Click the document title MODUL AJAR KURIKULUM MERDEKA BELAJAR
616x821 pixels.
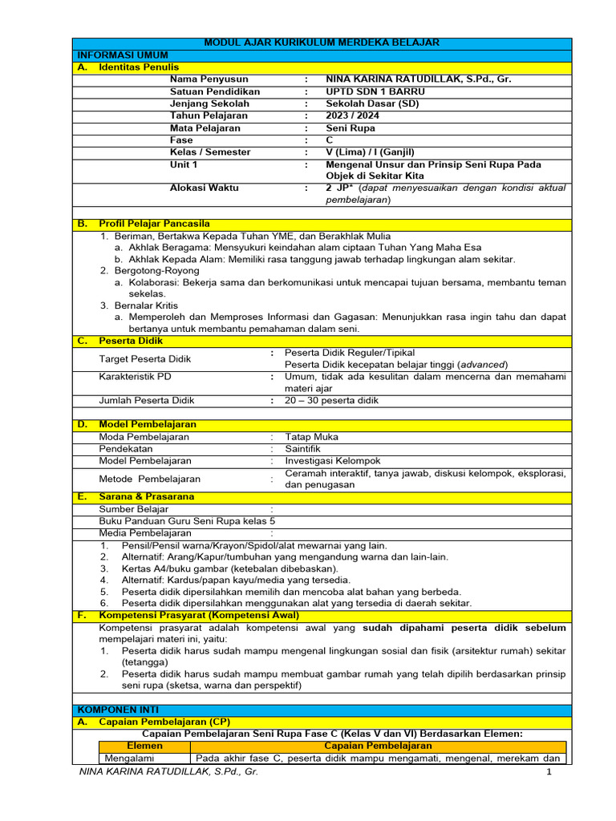[x=322, y=42]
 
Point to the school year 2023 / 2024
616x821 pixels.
[x=353, y=115]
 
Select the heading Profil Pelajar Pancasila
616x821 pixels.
[x=154, y=224]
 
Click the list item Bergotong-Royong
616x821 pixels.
[x=150, y=271]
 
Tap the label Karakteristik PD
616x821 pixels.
[x=135, y=376]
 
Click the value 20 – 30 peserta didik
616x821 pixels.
[x=332, y=400]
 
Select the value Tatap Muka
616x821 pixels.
[x=311, y=437]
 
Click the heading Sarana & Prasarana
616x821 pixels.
[x=146, y=496]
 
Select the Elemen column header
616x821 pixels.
[x=144, y=746]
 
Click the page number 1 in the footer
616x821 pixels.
[x=549, y=771]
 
